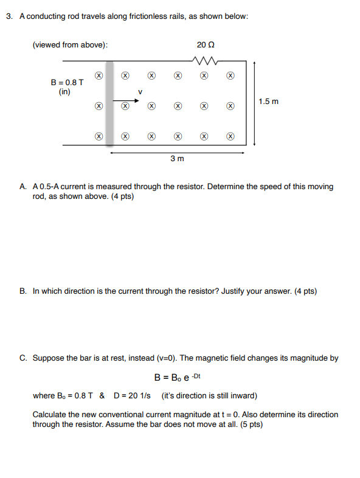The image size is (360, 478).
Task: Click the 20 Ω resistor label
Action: click(206, 45)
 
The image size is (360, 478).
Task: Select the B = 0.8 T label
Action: click(67, 83)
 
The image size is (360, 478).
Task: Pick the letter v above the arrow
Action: click(140, 92)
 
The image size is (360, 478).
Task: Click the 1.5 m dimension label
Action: click(269, 102)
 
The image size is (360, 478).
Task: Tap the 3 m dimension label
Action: click(177, 159)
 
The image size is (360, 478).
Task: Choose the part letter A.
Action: click(22, 187)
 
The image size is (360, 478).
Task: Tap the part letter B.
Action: click(22, 291)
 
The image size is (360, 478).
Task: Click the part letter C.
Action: click(22, 358)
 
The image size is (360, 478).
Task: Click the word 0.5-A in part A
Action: click(52, 187)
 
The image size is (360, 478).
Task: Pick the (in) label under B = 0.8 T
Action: click(64, 92)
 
